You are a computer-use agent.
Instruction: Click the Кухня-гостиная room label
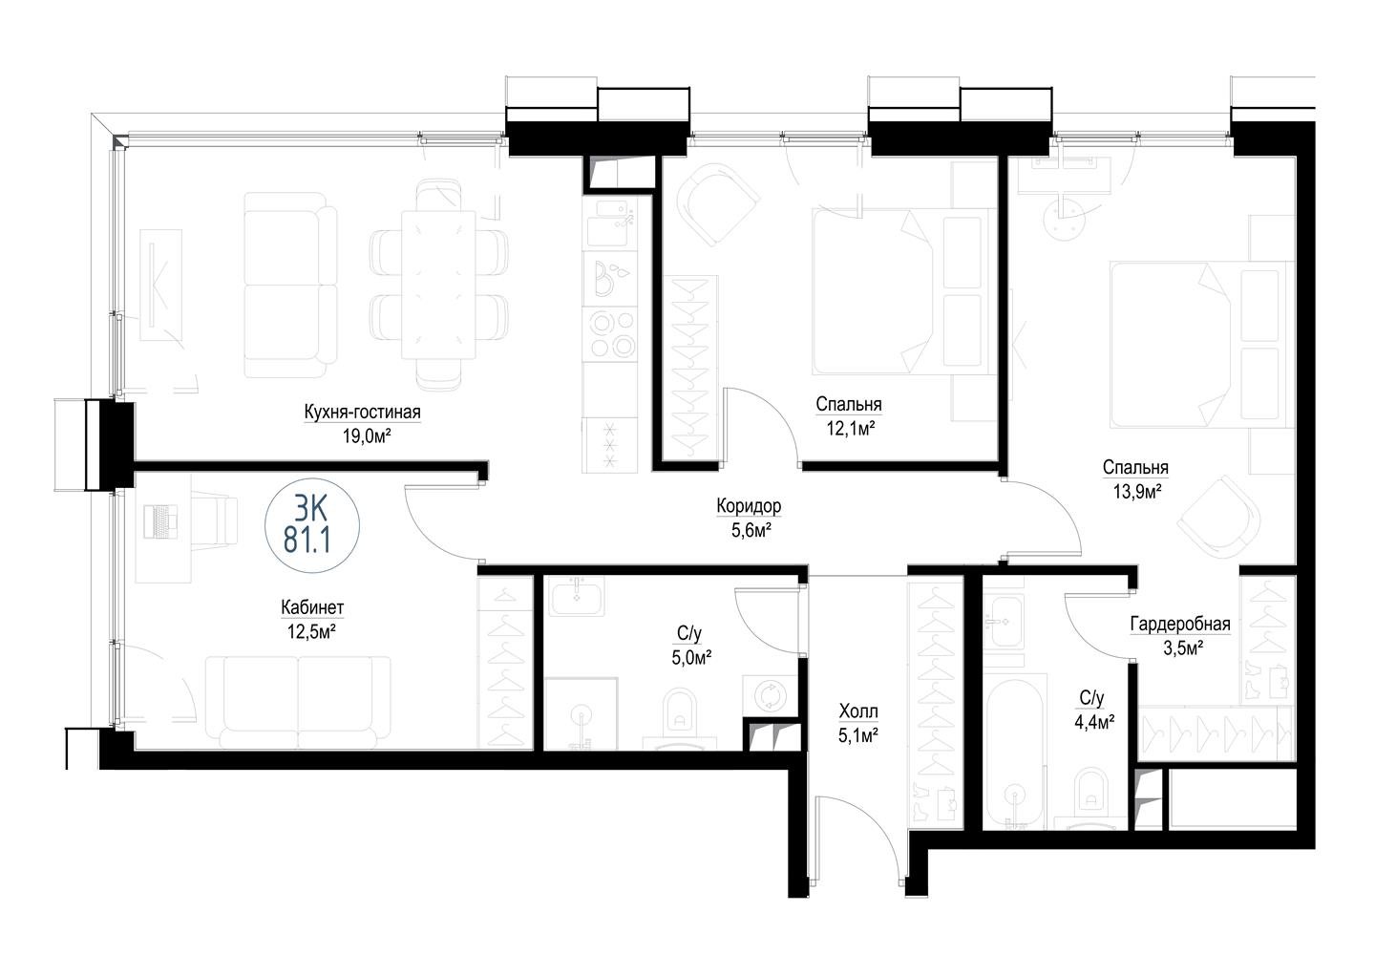(362, 412)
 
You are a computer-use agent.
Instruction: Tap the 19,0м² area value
(367, 435)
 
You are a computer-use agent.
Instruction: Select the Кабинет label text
(312, 606)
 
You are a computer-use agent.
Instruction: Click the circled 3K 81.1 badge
(312, 525)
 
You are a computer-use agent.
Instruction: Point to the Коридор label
(749, 505)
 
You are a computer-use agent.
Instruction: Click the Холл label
(858, 711)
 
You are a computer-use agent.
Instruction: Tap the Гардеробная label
(1180, 624)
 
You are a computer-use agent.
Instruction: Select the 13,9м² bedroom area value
(1137, 492)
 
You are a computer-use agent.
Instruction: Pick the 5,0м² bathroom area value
(691, 658)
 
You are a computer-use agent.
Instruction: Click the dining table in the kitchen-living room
(438, 285)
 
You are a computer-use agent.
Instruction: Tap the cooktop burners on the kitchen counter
(613, 334)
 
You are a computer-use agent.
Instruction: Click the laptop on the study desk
(160, 521)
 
